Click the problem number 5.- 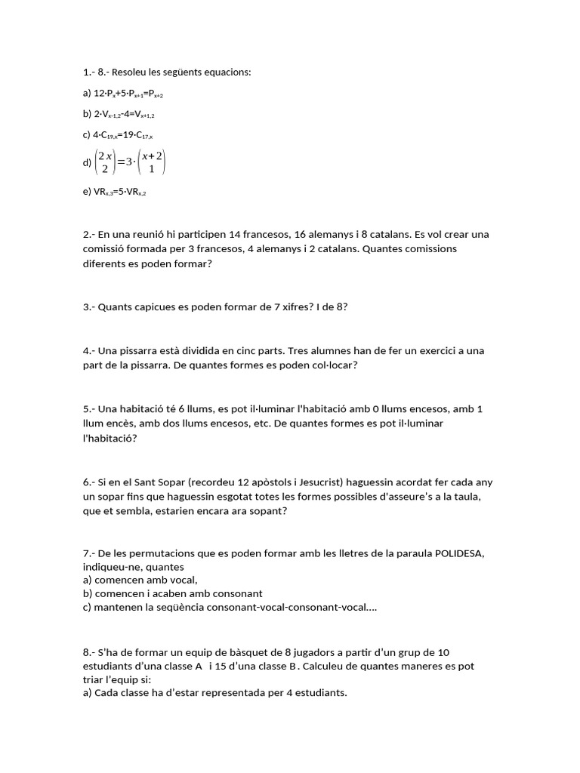coord(90,409)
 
